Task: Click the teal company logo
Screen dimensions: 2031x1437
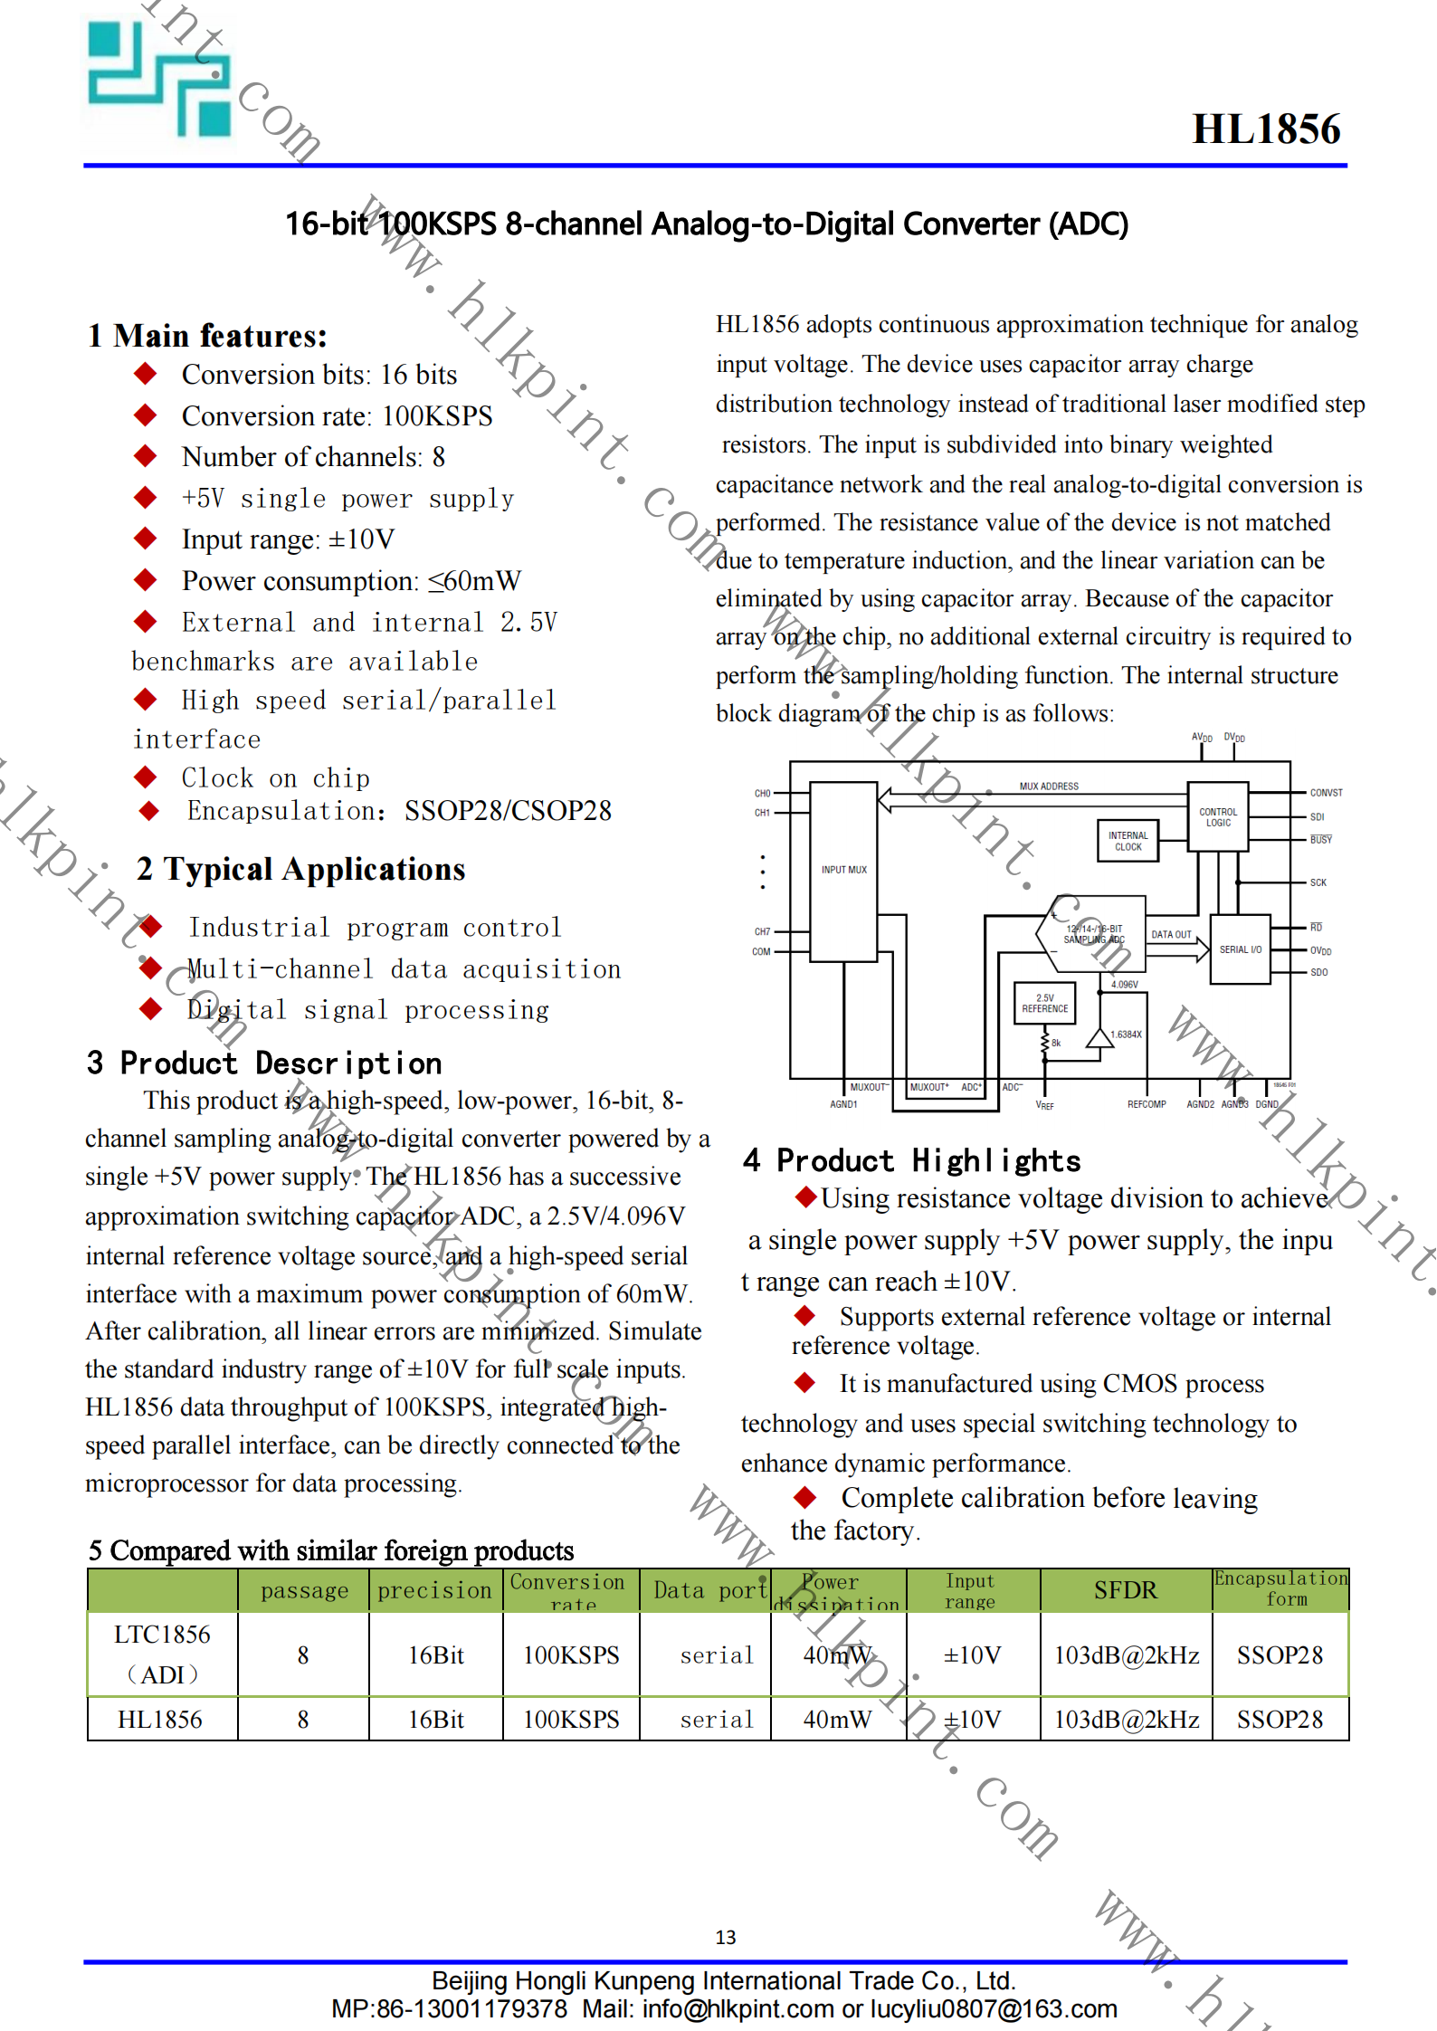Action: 159,80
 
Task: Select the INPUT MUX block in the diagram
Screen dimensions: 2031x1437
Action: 843,870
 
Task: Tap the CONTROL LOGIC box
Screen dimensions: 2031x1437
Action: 1217,817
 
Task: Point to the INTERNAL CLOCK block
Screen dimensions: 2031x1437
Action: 1128,841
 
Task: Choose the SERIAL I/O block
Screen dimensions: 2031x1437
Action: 1240,949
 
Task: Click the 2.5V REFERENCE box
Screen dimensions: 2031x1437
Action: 1044,1003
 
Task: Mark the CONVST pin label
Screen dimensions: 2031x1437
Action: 1326,793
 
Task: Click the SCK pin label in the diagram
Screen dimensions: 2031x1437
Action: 1318,882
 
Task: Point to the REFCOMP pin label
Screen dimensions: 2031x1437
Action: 1146,1104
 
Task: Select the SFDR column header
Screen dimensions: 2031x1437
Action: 1125,1590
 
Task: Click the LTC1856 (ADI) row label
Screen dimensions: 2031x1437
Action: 162,1654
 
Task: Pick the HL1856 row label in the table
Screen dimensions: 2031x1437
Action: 160,1720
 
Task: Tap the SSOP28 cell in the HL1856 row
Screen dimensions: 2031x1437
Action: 1280,1720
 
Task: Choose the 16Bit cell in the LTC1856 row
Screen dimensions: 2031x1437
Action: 435,1655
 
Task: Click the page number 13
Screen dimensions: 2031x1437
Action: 725,1937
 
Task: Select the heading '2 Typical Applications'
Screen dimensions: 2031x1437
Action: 300,870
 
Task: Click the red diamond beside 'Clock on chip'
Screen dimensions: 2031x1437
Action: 145,777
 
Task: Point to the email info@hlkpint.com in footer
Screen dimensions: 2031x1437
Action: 738,2009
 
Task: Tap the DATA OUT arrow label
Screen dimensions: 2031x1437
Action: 1171,934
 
